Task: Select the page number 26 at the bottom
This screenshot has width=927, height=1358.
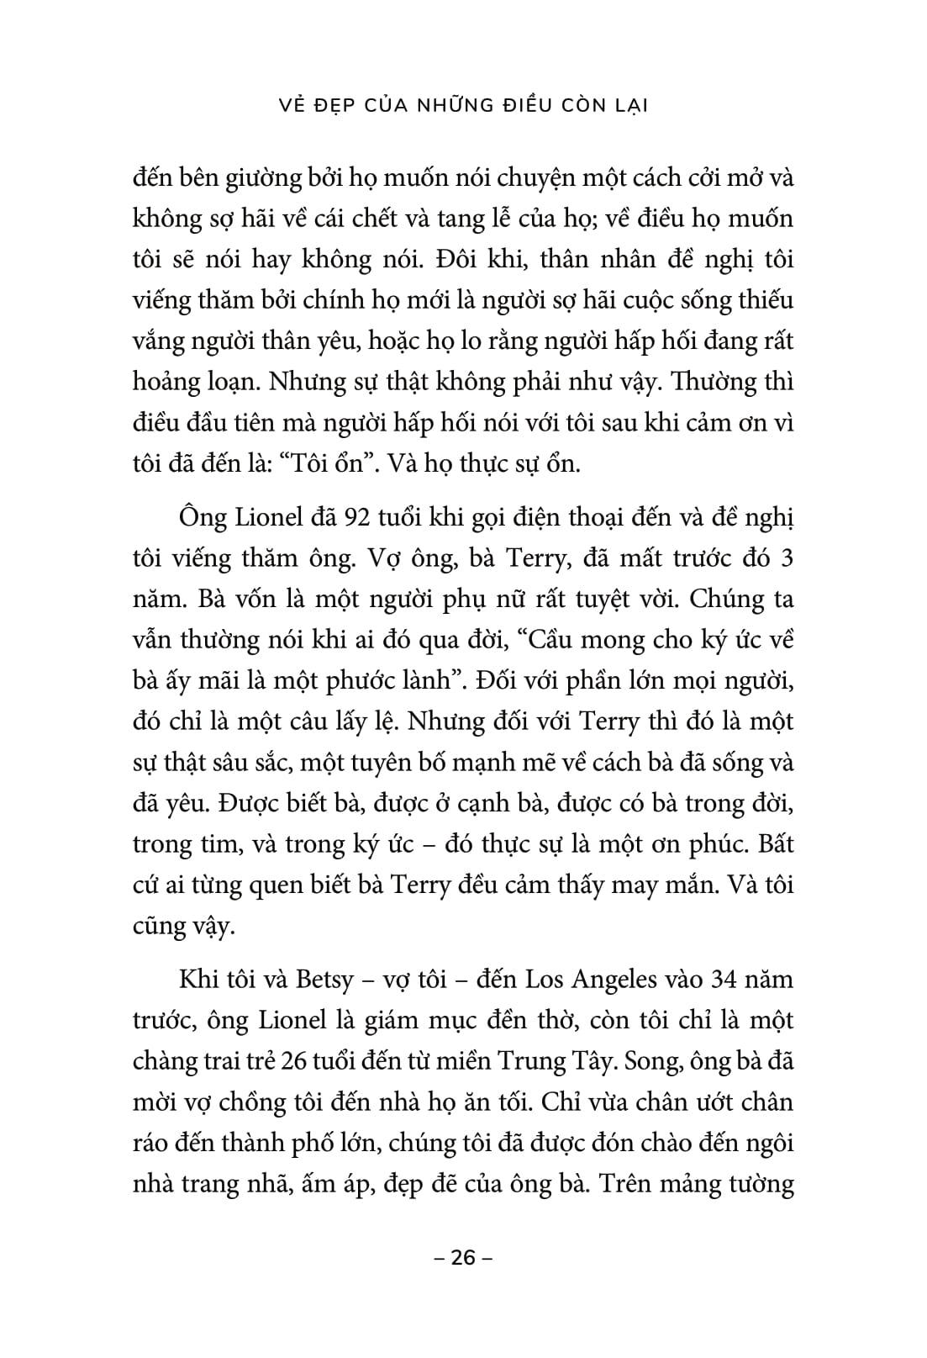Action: click(463, 1258)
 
